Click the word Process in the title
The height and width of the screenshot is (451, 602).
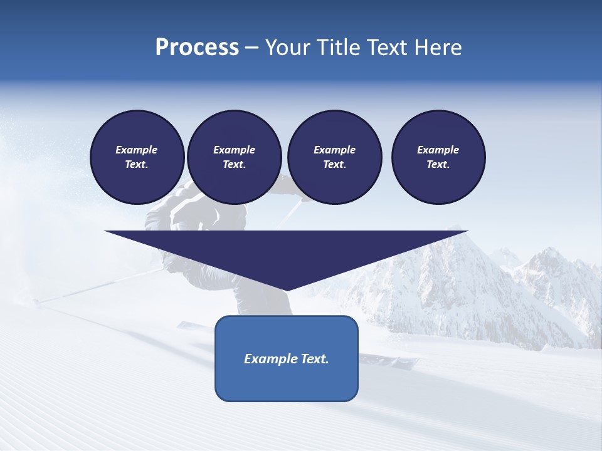(197, 48)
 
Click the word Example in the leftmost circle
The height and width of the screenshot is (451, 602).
(137, 150)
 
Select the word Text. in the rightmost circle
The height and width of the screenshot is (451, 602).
(438, 165)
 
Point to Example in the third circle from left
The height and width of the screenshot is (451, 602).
(334, 150)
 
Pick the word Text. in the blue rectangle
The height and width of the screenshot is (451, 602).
(314, 359)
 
